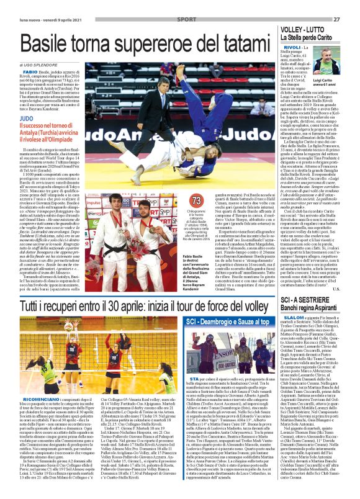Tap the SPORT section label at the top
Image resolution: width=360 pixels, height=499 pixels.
click(x=184, y=19)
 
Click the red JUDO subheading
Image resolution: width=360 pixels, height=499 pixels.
click(x=27, y=117)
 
